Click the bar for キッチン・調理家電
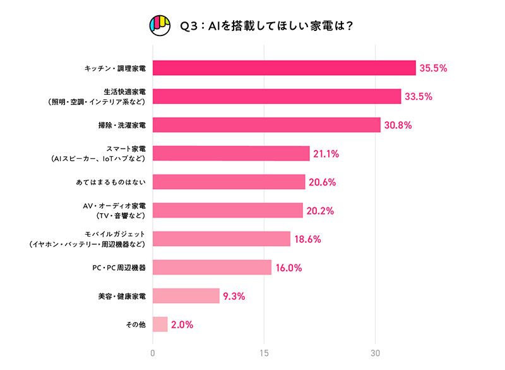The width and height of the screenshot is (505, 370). tap(284, 68)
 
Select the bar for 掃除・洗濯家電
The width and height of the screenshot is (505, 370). tap(266, 125)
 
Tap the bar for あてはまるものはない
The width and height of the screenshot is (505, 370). tap(229, 182)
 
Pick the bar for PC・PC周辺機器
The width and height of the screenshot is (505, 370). tap(212, 268)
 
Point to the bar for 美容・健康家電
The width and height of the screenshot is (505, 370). tap(186, 296)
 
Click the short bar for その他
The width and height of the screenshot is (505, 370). tap(160, 324)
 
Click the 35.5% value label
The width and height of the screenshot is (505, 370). tap(434, 68)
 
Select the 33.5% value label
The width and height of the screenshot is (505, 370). tap(419, 97)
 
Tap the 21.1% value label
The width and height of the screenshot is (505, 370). tap(327, 154)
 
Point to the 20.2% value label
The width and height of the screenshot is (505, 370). tap(320, 211)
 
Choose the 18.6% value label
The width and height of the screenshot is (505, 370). tap(308, 239)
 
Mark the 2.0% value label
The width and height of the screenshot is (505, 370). tap(182, 324)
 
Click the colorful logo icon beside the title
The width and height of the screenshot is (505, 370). tap(160, 26)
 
